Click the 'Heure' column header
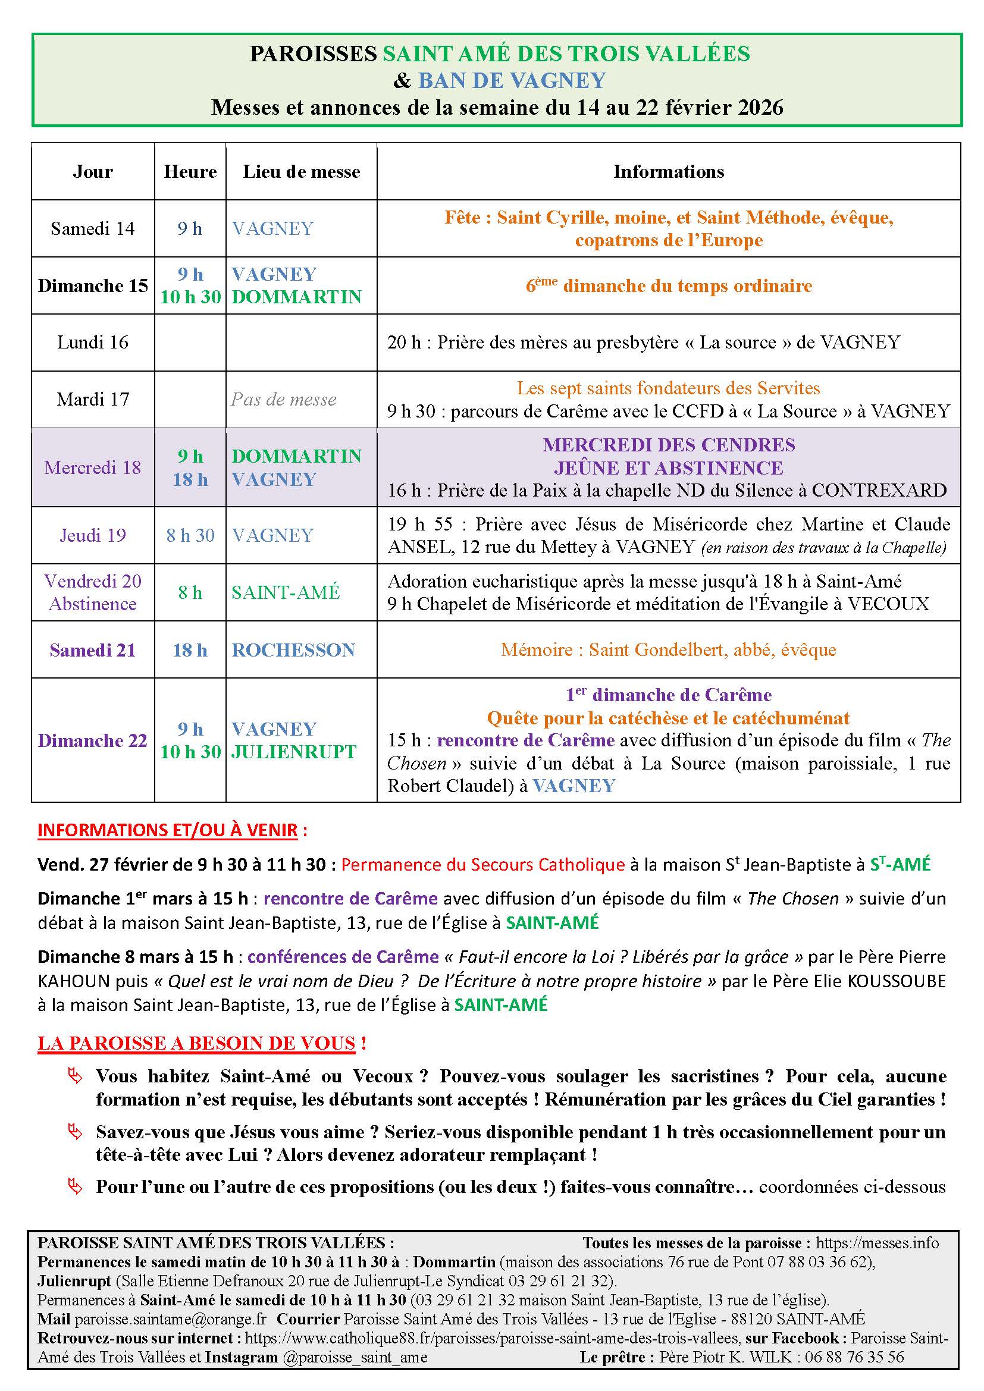point(190,172)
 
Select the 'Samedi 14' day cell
point(92,228)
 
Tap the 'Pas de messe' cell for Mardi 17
point(284,400)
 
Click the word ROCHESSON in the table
point(293,650)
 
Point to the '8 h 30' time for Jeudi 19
point(190,536)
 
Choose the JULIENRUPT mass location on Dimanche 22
point(293,752)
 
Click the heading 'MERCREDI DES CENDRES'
point(668,445)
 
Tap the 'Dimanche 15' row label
point(93,286)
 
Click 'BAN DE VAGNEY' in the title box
point(512,80)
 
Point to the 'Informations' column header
point(668,172)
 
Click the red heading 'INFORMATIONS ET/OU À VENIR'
point(167,830)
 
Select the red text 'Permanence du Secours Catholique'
point(482,865)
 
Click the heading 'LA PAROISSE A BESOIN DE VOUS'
point(196,1043)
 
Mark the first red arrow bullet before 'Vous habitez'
point(74,1076)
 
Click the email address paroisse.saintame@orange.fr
point(171,1319)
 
